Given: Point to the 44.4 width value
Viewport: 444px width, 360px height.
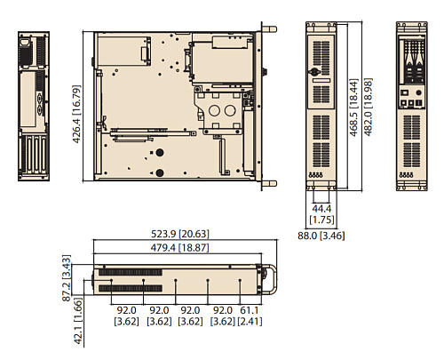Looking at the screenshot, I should [321, 207].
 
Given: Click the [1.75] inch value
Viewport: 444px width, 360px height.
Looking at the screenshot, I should [321, 219].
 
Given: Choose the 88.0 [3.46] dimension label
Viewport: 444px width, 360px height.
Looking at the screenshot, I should [321, 236].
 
